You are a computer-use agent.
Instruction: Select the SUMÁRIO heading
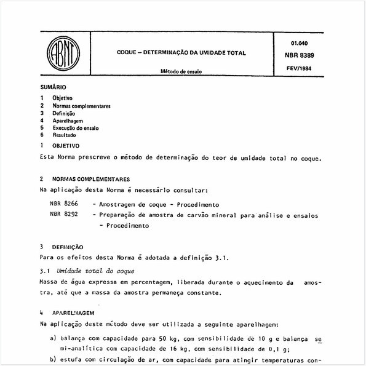click(53, 89)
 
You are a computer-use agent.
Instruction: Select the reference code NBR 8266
click(65, 204)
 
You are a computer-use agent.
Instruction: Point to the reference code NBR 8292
click(65, 215)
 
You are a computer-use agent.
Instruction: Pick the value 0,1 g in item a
click(268, 348)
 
